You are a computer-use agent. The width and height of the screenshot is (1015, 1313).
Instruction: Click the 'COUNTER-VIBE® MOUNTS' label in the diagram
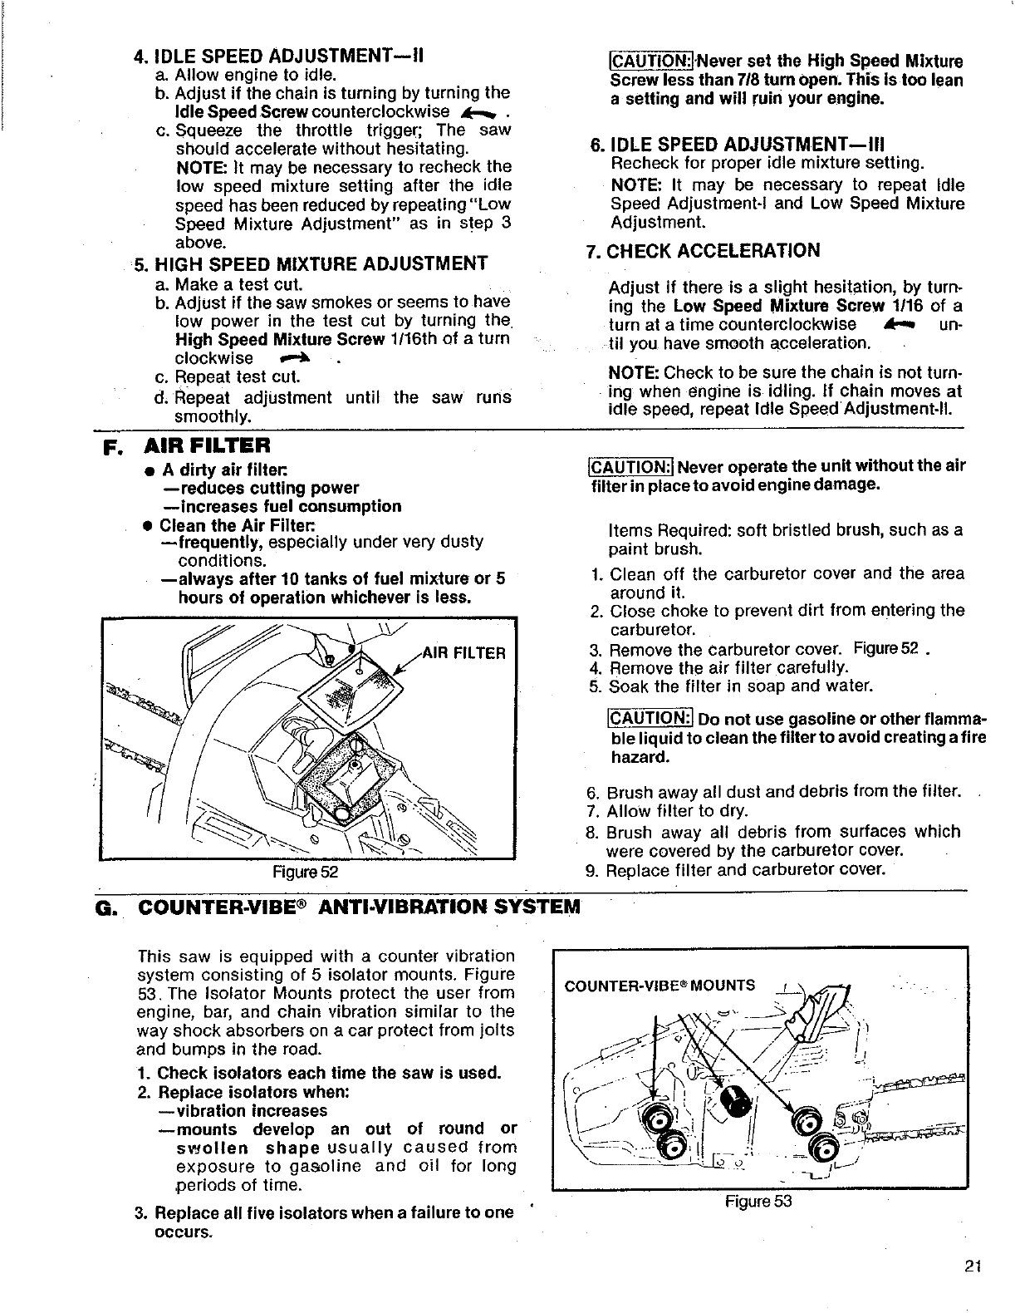click(660, 986)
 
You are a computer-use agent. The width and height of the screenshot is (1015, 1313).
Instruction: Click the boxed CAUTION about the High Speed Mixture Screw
click(640, 61)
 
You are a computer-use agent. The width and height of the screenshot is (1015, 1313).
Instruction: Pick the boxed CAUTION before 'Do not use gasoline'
click(650, 718)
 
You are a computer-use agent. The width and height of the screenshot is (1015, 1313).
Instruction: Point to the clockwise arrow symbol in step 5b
click(297, 358)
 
